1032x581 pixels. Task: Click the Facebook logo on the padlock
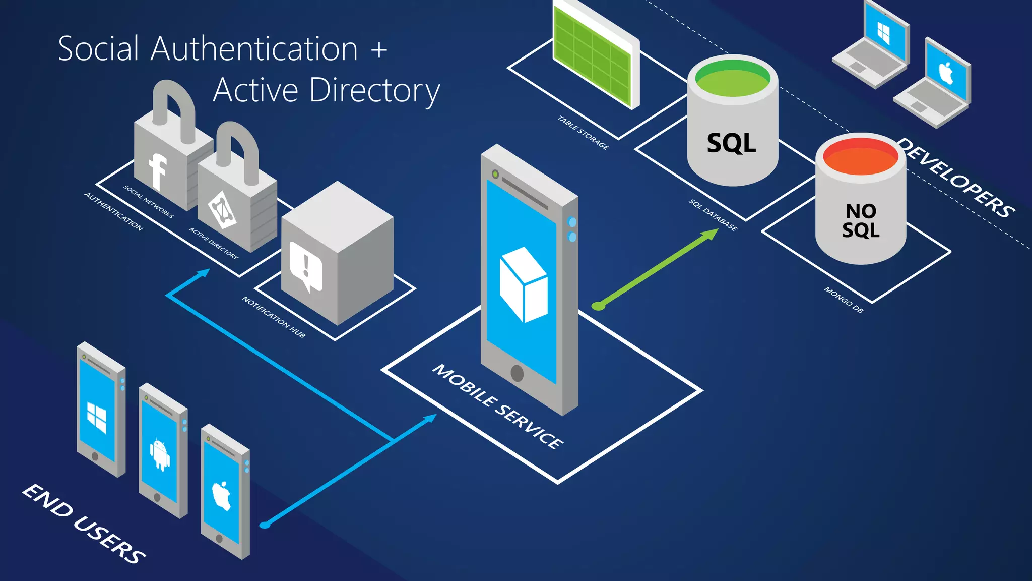(x=157, y=171)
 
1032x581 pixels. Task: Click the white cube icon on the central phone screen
(x=523, y=284)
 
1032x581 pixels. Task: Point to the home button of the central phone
(x=517, y=373)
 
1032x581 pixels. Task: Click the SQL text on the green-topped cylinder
(x=731, y=143)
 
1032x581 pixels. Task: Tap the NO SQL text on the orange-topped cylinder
(x=861, y=220)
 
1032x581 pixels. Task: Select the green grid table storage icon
(x=593, y=55)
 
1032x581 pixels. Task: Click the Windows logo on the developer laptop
(x=884, y=33)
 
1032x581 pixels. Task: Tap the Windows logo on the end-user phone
(x=97, y=417)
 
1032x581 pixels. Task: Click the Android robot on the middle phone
(x=160, y=454)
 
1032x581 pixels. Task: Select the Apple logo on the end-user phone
(x=221, y=495)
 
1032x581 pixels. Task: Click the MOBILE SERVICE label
(x=498, y=406)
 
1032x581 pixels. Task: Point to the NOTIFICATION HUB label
(x=274, y=317)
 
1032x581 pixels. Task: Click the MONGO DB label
(x=844, y=300)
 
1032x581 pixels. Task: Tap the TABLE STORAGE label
(x=583, y=133)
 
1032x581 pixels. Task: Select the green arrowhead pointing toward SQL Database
(x=711, y=234)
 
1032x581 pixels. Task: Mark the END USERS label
(x=84, y=524)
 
